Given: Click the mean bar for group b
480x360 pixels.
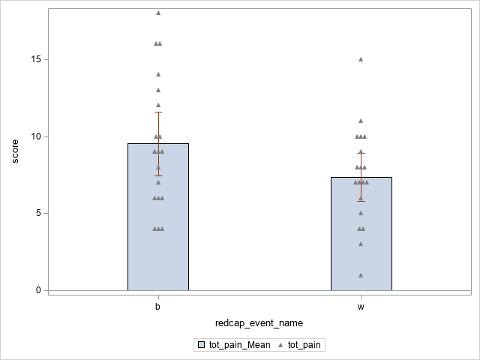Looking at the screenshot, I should [x=157, y=225].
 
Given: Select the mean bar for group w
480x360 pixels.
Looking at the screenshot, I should [x=361, y=240].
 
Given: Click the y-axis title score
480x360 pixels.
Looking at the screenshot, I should [x=15, y=151].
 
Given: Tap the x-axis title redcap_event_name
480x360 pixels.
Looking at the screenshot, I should [x=259, y=322].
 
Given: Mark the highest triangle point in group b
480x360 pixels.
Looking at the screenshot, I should [x=157, y=13].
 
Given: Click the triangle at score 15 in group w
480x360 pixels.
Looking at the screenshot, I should [x=361, y=59].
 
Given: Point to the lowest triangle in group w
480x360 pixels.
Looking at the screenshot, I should [x=361, y=275].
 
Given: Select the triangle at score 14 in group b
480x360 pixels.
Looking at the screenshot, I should [x=157, y=74].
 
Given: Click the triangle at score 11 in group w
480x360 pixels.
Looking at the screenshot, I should [x=361, y=121].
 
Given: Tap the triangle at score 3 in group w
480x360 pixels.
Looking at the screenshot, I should [x=361, y=244].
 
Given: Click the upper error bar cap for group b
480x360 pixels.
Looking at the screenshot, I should [x=157, y=112].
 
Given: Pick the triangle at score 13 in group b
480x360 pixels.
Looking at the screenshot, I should [x=157, y=90].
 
